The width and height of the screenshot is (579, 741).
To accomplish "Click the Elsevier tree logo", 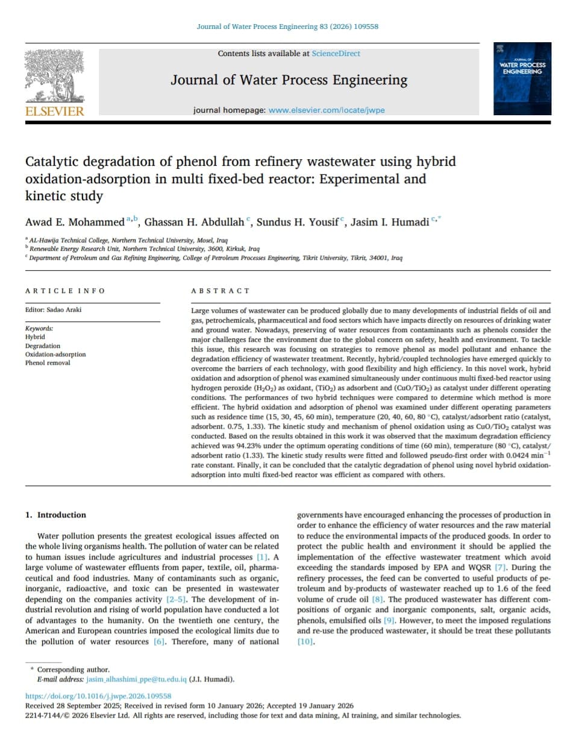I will [54, 77].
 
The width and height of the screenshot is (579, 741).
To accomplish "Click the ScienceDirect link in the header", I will [336, 54].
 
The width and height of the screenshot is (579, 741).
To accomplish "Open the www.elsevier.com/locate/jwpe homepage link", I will [326, 110].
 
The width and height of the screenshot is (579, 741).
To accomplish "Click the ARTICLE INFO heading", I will [65, 291].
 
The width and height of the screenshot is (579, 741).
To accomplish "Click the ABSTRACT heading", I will [220, 291].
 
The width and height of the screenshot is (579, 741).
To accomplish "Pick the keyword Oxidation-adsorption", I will [55, 355].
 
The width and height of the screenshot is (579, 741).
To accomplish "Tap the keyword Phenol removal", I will [48, 363].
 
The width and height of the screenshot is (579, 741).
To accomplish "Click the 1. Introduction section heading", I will [55, 515].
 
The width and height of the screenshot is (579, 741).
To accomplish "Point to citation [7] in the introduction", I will [499, 567].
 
